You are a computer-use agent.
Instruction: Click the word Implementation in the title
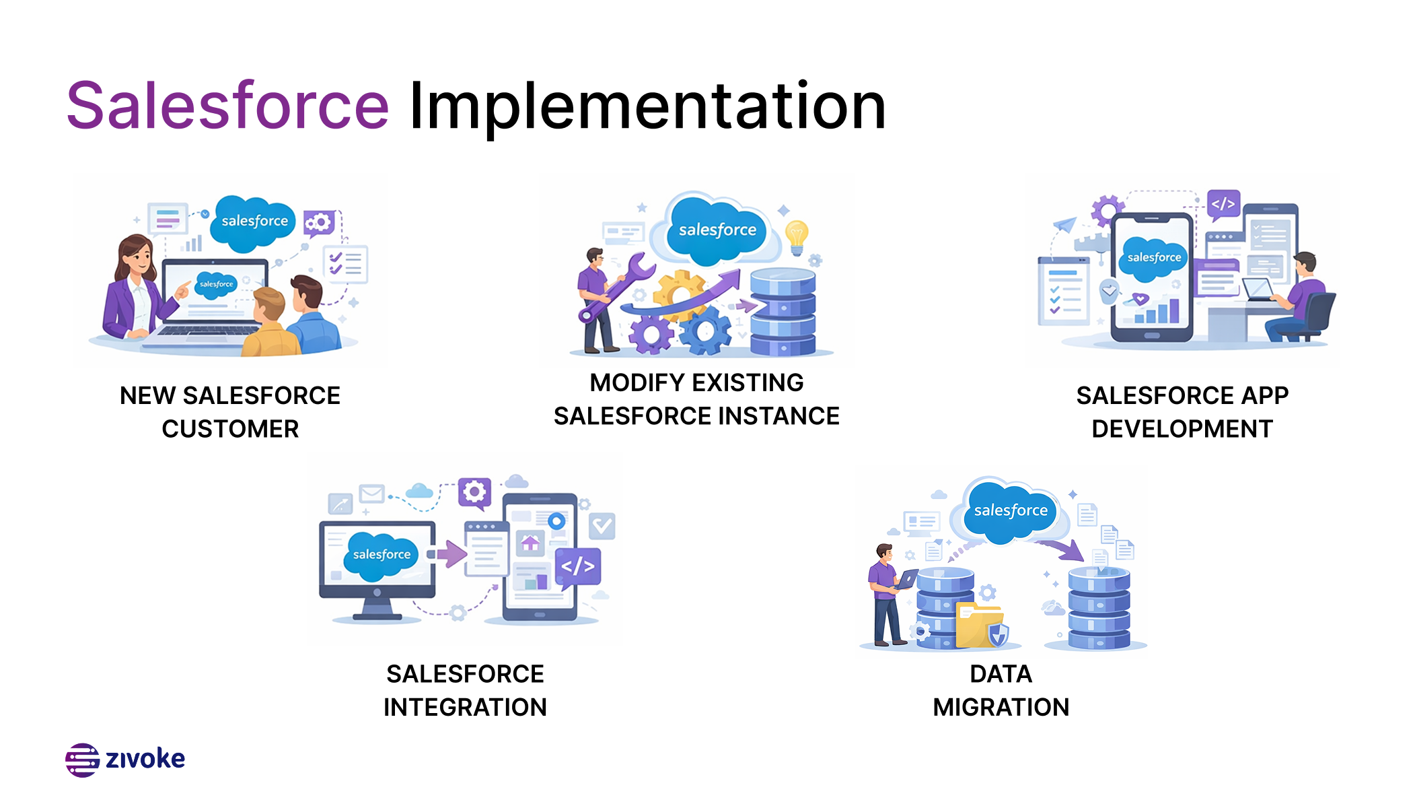(x=647, y=106)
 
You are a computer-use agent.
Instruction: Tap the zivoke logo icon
(x=82, y=760)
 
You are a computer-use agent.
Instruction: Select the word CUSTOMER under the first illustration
(x=230, y=429)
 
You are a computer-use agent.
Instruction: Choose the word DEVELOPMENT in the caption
(x=1182, y=429)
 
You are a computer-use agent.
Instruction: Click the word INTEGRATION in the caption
(x=465, y=707)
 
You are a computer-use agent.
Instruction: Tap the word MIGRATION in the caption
(x=1001, y=707)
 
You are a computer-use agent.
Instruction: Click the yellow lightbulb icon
(x=797, y=236)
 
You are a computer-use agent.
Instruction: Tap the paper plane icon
(x=1064, y=225)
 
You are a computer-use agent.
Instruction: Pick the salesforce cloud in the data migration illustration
(x=1010, y=511)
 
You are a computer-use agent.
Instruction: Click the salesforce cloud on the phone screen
(x=1153, y=258)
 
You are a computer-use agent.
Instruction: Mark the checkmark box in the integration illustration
(x=602, y=526)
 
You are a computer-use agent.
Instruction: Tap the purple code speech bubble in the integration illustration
(x=578, y=566)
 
